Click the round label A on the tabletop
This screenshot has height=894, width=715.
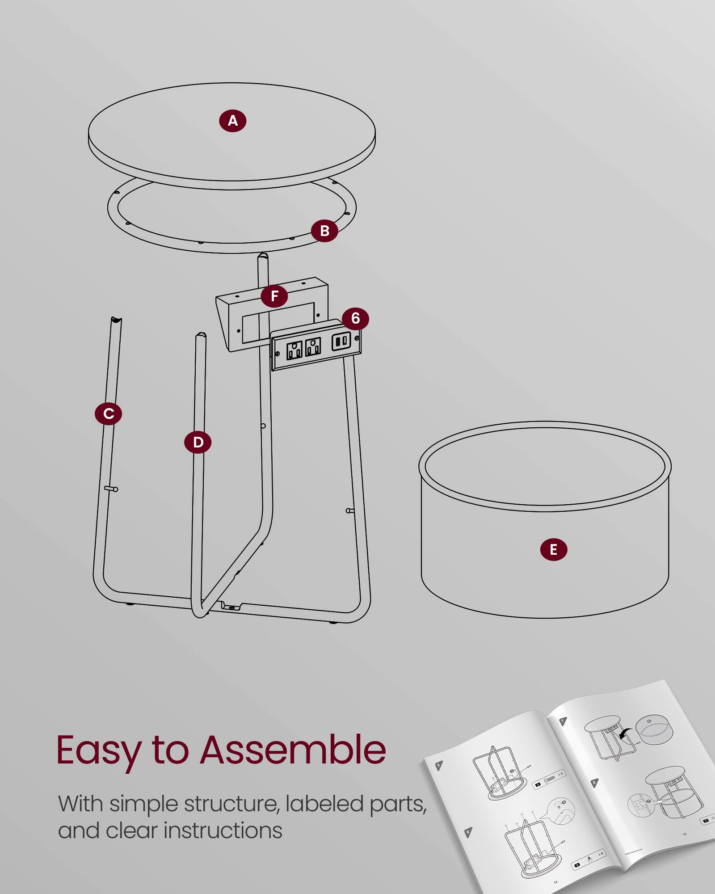click(x=232, y=121)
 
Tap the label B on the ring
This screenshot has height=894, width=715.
click(x=324, y=231)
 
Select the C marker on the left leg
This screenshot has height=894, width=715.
click(x=108, y=413)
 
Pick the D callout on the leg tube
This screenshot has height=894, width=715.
click(x=198, y=442)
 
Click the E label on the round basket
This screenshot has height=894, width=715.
click(x=553, y=549)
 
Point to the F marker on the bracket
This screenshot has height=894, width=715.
click(x=274, y=296)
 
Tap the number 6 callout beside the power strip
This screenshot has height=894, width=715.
click(x=355, y=318)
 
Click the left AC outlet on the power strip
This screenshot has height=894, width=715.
click(x=294, y=350)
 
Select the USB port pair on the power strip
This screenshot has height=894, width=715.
click(x=341, y=342)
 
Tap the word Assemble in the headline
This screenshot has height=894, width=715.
click(x=293, y=750)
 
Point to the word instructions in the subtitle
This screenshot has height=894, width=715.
click(x=223, y=831)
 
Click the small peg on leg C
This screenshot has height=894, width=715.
click(x=111, y=489)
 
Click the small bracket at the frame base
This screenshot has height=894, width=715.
click(x=231, y=607)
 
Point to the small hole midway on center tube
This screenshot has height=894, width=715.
click(x=263, y=426)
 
